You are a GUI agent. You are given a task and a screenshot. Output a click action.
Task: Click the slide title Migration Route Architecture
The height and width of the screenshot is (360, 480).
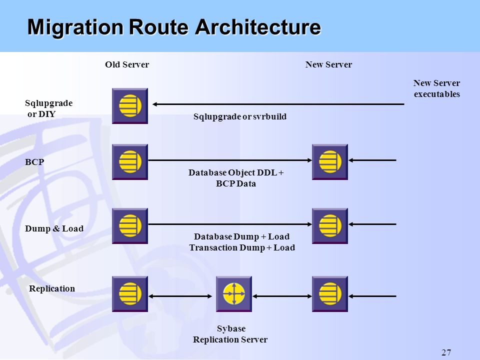coord(174,27)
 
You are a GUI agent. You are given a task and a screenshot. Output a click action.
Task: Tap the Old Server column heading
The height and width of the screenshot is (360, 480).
coord(127,64)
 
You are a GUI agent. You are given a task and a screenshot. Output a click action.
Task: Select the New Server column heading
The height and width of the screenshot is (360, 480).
coord(328,64)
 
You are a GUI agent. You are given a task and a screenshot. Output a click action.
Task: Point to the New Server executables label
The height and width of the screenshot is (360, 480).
coord(437,88)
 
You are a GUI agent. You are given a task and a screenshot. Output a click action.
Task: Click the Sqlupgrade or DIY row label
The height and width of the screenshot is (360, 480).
coord(48,108)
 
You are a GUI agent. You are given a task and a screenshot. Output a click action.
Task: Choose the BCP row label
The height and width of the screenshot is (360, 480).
coord(34,162)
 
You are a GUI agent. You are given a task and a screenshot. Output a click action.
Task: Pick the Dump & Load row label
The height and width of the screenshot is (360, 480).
coord(54,228)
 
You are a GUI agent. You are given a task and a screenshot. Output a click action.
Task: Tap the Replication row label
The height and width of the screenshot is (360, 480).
coord(51,288)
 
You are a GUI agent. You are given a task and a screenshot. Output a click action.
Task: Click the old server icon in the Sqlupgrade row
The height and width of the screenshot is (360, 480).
coord(130,106)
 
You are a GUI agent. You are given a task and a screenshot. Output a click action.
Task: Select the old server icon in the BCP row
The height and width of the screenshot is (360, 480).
coord(130,162)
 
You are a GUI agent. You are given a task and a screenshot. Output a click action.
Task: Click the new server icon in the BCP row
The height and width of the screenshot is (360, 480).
coord(329,162)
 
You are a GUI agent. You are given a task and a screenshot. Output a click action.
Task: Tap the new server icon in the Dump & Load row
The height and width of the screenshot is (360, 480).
coord(329,226)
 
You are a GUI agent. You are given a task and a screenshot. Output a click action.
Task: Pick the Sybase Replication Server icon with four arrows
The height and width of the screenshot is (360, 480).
coord(234,294)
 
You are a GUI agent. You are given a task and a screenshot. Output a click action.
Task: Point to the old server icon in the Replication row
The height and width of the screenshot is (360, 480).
coord(130,294)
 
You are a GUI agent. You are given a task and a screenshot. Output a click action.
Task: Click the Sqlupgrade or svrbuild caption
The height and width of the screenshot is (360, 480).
coord(240,116)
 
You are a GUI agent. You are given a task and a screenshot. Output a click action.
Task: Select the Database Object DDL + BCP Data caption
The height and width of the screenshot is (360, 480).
coord(236,178)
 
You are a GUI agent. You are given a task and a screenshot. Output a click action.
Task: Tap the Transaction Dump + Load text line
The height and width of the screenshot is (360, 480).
coord(242,247)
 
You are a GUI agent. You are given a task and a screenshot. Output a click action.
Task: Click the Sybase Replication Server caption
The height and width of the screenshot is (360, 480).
coord(230,334)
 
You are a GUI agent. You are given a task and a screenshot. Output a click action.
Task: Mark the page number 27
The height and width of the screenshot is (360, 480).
coord(446,352)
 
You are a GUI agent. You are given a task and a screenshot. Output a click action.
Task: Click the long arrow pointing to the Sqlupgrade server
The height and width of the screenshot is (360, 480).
coord(278,104)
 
